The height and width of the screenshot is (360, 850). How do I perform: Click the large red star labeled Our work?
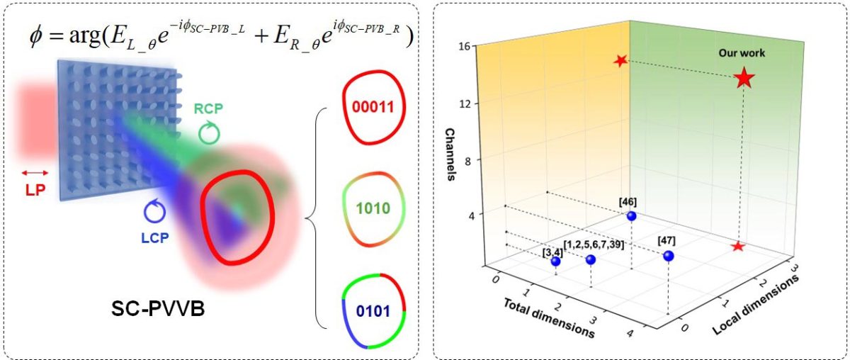743,78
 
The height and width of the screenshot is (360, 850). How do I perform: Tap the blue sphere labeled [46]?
631,215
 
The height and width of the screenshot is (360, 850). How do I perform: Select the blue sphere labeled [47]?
668,256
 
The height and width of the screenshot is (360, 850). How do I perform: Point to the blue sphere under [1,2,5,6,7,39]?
591,259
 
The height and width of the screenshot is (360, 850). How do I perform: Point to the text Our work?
742,52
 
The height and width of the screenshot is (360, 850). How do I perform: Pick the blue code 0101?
373,312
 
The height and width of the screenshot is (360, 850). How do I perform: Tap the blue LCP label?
154,238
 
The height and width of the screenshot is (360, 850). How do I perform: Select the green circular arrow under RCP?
208,133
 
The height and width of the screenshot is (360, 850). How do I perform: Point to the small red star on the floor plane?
738,246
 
